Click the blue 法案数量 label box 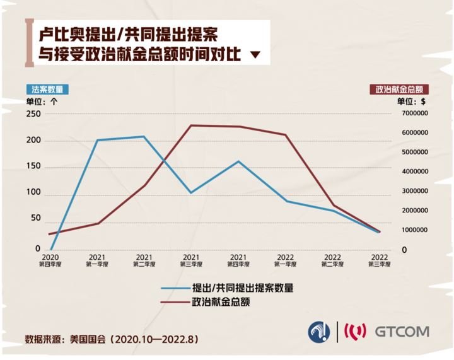point(47,89)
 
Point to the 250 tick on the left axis point(33,114)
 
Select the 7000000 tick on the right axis point(409,114)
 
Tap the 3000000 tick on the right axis point(409,191)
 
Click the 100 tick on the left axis point(33,192)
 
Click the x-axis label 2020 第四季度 point(50,260)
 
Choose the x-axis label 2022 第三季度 point(379,260)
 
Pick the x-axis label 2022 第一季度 point(285,260)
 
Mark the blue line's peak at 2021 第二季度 point(144,136)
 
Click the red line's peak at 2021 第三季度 point(191,125)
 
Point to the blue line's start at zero point(50,250)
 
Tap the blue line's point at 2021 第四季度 point(238,161)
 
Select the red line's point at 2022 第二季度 point(332,206)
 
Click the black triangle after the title point(255,55)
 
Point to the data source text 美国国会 point(90,339)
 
